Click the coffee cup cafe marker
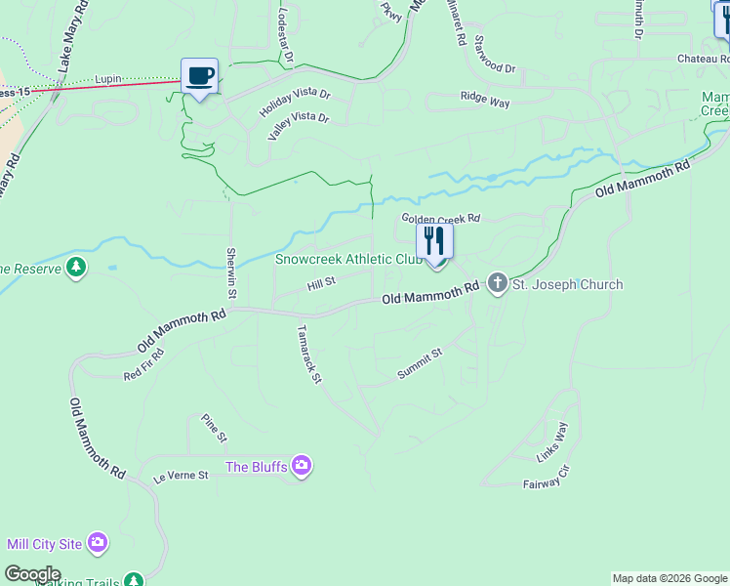(200, 76)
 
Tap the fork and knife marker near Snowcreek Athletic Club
(435, 241)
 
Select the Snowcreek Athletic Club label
(347, 260)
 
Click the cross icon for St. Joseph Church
(498, 284)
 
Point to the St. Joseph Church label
(567, 285)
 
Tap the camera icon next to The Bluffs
(303, 467)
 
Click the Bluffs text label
(257, 467)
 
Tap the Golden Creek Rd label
(442, 219)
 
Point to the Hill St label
(321, 283)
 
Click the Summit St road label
(421, 363)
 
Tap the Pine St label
(214, 428)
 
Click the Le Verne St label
(182, 476)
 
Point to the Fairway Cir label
(546, 480)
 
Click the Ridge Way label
(486, 98)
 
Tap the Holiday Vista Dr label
(296, 103)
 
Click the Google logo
(32, 574)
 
